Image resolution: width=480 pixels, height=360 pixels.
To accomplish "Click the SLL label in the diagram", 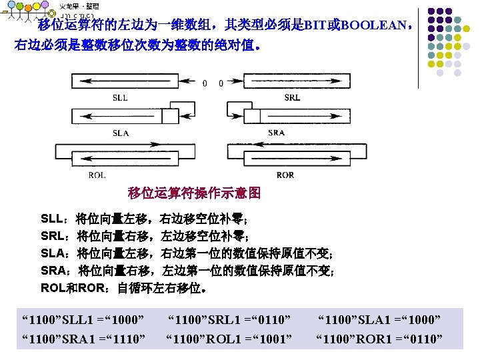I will pyautogui.click(x=120, y=97).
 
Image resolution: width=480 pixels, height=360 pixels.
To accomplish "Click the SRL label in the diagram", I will pyautogui.click(x=292, y=97).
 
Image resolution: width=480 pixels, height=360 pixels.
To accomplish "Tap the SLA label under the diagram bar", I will pyautogui.click(x=121, y=133).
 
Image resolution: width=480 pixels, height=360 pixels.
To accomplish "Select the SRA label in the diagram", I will pyautogui.click(x=276, y=133).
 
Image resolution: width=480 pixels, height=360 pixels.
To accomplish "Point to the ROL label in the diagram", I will pyautogui.click(x=97, y=175).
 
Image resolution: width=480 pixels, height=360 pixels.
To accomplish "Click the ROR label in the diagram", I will pyautogui.click(x=285, y=175).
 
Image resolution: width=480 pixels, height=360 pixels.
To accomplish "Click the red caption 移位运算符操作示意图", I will pyautogui.click(x=194, y=193).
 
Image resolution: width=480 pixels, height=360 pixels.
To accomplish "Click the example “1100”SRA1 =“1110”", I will pyautogui.click(x=84, y=341).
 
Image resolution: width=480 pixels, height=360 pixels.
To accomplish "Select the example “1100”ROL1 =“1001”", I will pyautogui.click(x=229, y=341).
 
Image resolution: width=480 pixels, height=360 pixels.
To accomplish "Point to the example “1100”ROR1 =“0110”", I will pyautogui.click(x=379, y=341).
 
